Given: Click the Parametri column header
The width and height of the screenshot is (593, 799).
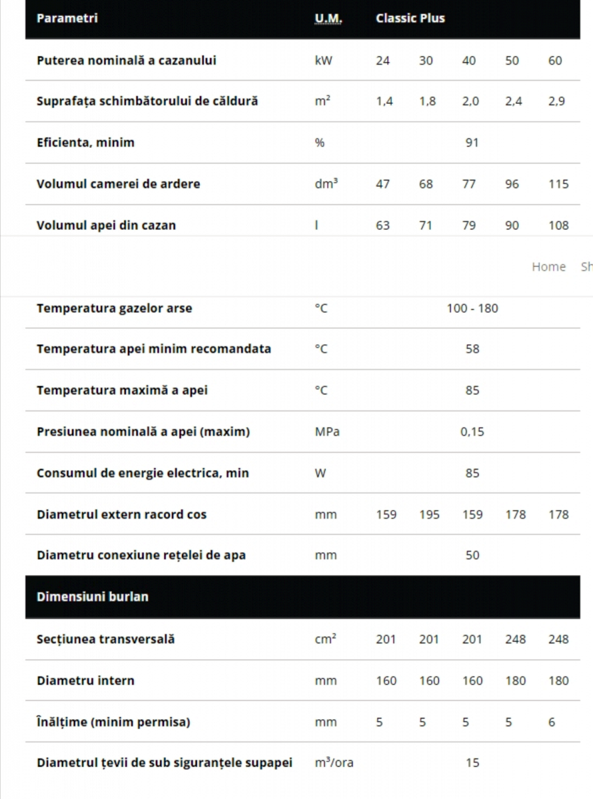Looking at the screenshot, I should pos(67,18).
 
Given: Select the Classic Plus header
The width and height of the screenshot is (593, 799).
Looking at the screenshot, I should pos(410,18).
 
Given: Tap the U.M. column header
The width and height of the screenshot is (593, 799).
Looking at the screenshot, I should pos(328,18).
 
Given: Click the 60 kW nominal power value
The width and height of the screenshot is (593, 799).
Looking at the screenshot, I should pos(555,61).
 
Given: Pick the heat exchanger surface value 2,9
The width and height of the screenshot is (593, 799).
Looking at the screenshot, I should pos(556,102).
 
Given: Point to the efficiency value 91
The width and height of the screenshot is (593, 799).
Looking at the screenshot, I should pos(472,142).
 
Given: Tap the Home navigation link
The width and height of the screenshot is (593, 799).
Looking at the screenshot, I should pos(548,266).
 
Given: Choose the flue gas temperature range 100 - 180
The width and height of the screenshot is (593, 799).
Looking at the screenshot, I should pos(472,308).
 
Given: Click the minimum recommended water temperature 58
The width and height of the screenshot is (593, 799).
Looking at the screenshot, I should pos(472,349).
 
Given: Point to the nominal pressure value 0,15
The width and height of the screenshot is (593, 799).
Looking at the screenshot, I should pos(472,431).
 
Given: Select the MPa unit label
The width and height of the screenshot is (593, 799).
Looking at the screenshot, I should pos(326,431).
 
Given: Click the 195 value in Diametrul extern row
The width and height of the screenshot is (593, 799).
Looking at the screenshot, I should pos(429,515).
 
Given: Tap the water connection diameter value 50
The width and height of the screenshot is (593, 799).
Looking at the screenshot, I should pos(472,555).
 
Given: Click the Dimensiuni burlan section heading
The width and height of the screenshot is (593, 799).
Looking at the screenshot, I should pos(93,597).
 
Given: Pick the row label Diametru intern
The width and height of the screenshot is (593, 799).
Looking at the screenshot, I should pos(85,680).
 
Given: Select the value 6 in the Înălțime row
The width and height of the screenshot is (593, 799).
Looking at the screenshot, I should pos(552,722).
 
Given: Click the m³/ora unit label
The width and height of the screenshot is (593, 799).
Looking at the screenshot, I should pos(334,763).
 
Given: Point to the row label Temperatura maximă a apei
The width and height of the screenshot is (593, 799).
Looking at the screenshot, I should pos(122,390).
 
